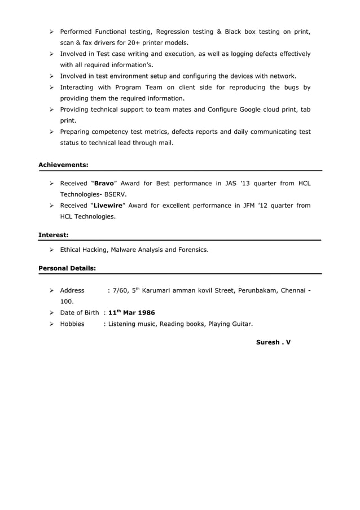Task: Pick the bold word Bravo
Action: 103,184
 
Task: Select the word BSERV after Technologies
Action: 115,194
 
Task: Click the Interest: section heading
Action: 54,234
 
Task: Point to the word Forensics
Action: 191,249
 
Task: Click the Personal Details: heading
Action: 67,268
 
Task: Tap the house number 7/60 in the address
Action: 121,291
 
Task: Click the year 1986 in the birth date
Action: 144,313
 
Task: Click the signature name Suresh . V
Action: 273,342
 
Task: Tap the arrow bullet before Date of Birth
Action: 51,313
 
